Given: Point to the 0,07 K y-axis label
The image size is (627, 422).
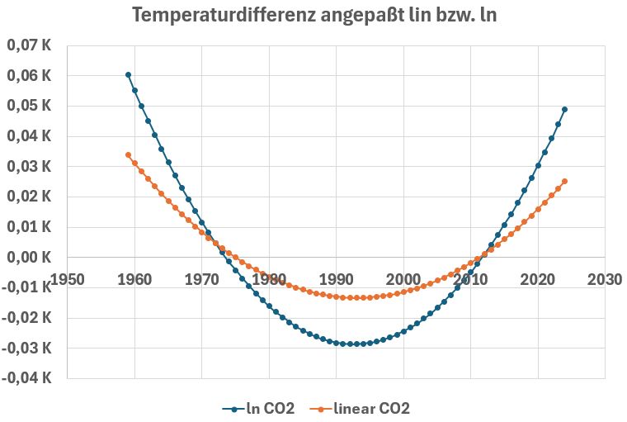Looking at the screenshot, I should pos(30,45).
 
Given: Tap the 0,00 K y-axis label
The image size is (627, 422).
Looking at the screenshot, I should pos(30,258).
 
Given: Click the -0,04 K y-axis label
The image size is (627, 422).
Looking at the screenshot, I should pos(28,378).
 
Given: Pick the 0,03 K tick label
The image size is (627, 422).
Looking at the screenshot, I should pos(30,167).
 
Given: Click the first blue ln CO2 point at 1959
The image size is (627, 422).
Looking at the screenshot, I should pos(128,74).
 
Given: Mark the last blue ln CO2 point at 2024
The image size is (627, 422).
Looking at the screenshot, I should pos(564,109).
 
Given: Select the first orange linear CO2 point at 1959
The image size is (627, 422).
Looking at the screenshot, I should pos(128,154).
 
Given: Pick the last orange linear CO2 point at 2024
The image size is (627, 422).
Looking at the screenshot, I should pos(564,181).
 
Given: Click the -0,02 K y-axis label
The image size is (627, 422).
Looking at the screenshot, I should pos(28,318).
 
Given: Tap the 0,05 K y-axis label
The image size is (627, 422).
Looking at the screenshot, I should pos(30,106).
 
